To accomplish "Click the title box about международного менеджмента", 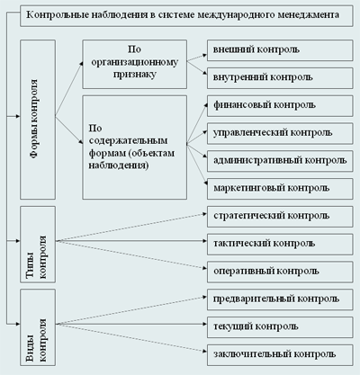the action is [186, 15].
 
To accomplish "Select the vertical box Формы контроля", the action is [38, 120].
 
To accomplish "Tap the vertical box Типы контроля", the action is [38, 245].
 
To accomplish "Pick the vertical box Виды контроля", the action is [38, 327].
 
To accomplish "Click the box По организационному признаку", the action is [135, 64].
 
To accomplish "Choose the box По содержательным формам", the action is [135, 147].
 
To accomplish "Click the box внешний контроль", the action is [280, 50].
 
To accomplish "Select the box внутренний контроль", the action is [280, 78].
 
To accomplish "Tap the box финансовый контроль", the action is [280, 106].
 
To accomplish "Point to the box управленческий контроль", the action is [280, 133].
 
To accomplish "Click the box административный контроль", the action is [280, 161].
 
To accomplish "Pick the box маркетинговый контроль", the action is [280, 189].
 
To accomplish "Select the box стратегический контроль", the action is [280, 217].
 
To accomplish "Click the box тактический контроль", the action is [280, 245].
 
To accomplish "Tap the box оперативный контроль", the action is [280, 272].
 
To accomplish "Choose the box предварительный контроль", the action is [280, 299].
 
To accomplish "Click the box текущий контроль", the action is [280, 327].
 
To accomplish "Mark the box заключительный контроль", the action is [280, 355].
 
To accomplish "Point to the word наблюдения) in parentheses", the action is [119, 165].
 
